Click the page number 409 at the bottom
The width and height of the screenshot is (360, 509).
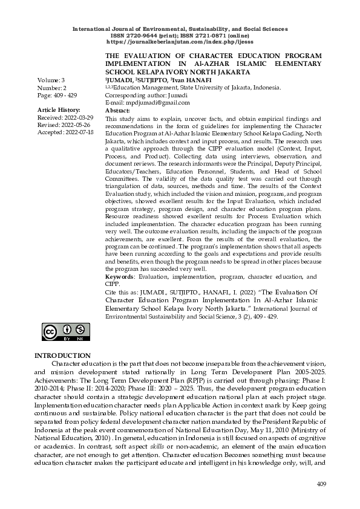click(321, 485)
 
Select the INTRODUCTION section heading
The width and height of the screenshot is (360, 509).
click(63, 355)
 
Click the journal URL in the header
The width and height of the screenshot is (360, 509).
click(180, 42)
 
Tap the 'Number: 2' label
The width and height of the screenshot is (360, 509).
click(52, 88)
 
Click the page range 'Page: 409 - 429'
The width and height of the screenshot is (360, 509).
click(57, 96)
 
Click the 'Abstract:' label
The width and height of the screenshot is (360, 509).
click(117, 111)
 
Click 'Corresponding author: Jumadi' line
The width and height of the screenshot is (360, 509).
click(146, 96)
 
